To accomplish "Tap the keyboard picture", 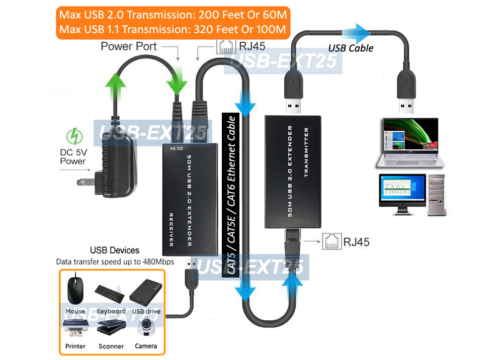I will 110,291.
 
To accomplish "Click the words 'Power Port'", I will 129,47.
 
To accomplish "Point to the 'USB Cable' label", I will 351,48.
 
